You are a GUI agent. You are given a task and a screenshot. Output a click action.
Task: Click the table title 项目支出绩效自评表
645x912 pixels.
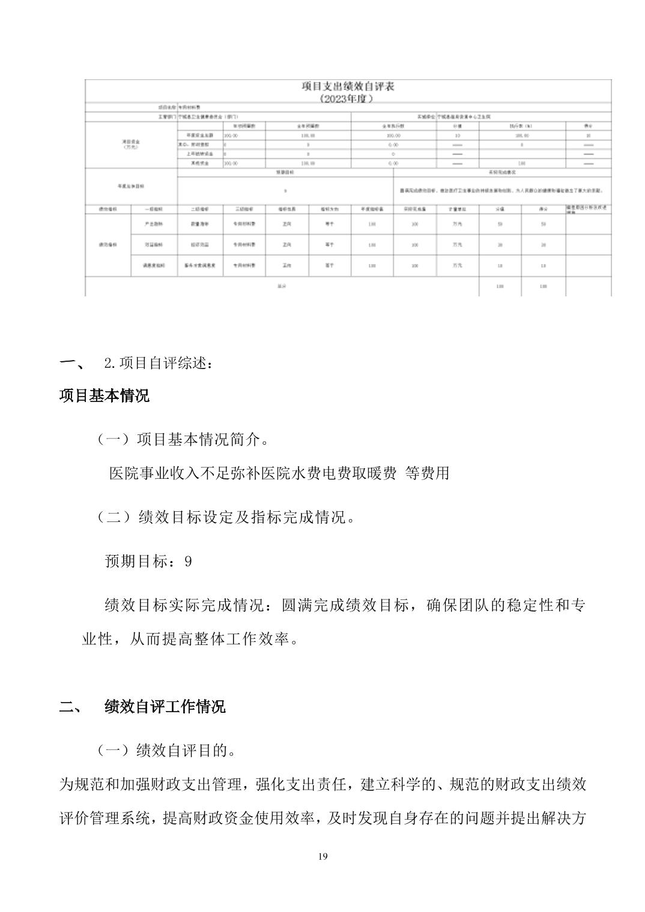[348, 86]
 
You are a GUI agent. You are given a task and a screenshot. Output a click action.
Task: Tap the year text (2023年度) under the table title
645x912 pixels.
[348, 98]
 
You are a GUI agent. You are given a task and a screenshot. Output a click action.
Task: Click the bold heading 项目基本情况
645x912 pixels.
[104, 396]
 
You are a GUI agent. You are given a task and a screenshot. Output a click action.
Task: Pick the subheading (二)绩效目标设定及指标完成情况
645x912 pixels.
[226, 517]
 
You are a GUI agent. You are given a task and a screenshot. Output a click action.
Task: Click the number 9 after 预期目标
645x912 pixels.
[189, 562]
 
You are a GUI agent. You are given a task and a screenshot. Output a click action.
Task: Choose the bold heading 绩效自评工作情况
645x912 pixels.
[165, 707]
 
